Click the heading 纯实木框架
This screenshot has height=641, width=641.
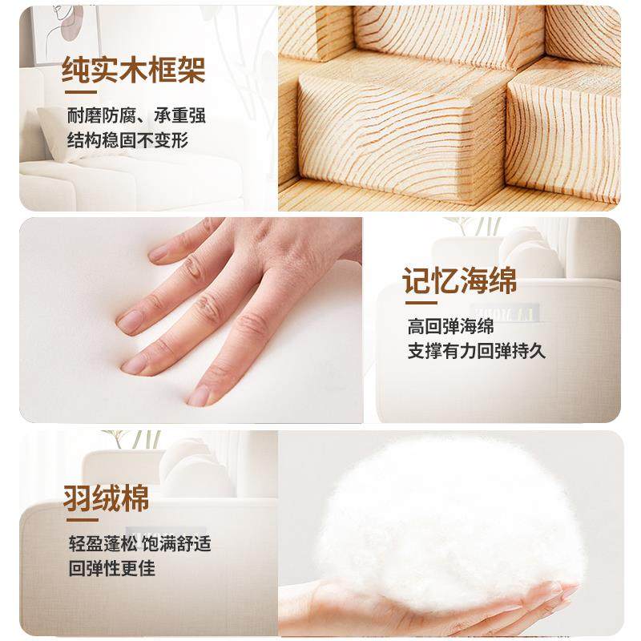pyautogui.click(x=134, y=71)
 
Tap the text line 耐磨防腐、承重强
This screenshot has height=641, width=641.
pyautogui.click(x=136, y=115)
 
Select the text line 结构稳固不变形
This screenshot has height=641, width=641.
pyautogui.click(x=127, y=141)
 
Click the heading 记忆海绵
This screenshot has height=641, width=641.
pyautogui.click(x=460, y=281)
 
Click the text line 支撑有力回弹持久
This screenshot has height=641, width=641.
pyautogui.click(x=477, y=351)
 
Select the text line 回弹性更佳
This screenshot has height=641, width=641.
pyautogui.click(x=111, y=569)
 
